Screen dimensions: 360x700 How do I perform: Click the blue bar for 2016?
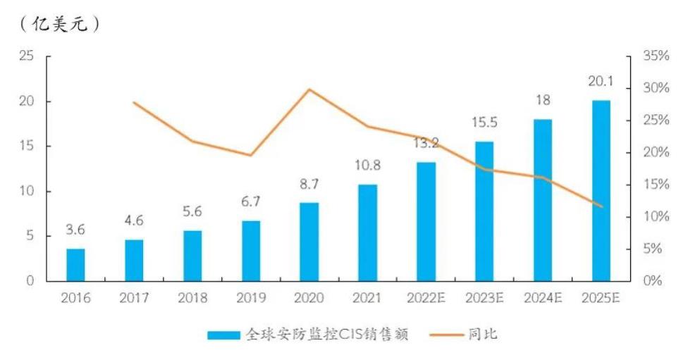pyautogui.click(x=75, y=264)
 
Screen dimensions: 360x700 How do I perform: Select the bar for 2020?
pyautogui.click(x=309, y=242)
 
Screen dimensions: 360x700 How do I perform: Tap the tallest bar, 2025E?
pyautogui.click(x=601, y=190)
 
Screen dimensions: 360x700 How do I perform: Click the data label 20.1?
pyautogui.click(x=601, y=82)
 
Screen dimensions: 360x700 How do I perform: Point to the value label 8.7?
pyautogui.click(x=309, y=185)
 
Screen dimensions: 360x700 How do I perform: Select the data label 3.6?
pyautogui.click(x=75, y=230)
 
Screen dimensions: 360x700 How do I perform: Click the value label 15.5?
pyautogui.click(x=484, y=123)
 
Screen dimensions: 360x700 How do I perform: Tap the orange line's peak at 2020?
pyautogui.click(x=309, y=89)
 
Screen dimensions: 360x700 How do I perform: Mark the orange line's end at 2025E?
pyautogui.click(x=601, y=206)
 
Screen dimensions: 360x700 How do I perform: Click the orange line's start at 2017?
pyautogui.click(x=134, y=103)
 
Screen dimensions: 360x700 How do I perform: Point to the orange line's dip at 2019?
pyautogui.click(x=250, y=155)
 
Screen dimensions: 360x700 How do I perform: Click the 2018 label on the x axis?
pyautogui.click(x=192, y=298)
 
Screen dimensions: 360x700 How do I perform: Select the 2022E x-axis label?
pyautogui.click(x=426, y=298)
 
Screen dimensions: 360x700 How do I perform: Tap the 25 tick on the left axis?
pyautogui.click(x=26, y=56)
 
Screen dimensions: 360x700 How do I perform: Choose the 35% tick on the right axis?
pyautogui.click(x=656, y=56)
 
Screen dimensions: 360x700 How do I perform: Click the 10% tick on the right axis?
pyautogui.click(x=656, y=217)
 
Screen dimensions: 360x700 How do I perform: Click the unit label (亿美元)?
pyautogui.click(x=59, y=24)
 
